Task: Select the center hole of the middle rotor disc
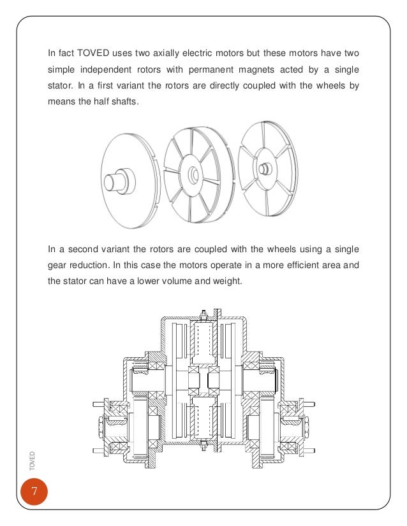pos(193,171)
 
